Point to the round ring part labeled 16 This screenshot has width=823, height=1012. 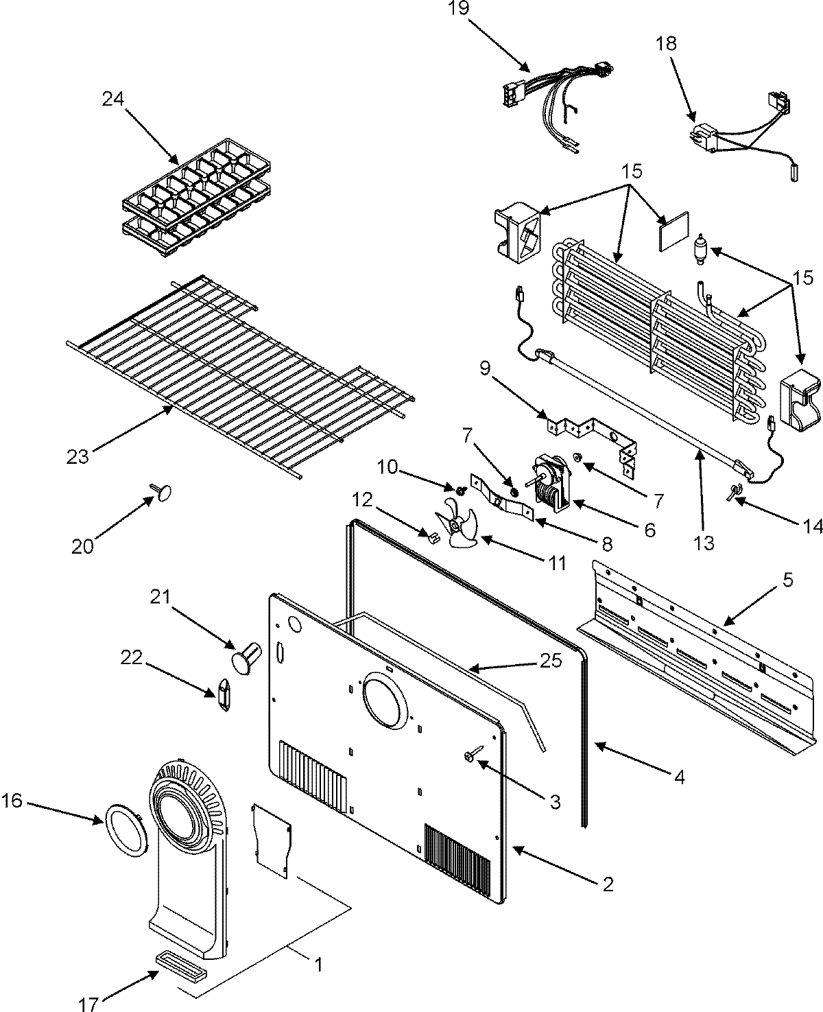coord(125,831)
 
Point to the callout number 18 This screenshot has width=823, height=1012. coord(665,44)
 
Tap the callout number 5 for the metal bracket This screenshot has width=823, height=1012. coord(787,580)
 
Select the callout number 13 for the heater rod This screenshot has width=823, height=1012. coord(704,543)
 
